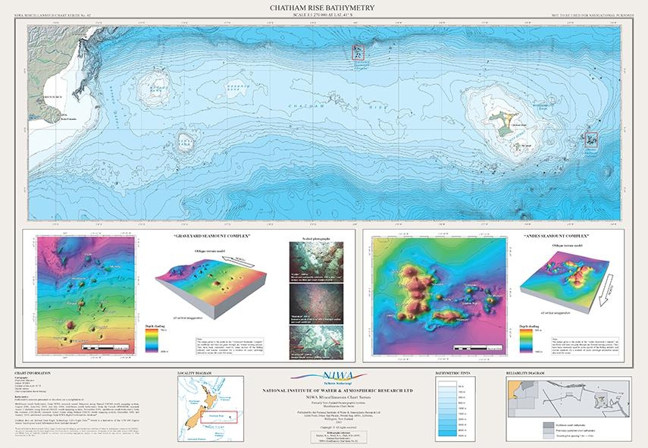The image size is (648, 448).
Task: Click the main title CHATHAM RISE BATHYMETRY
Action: (324, 8)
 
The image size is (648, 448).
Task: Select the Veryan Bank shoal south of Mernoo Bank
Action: (185, 141)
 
